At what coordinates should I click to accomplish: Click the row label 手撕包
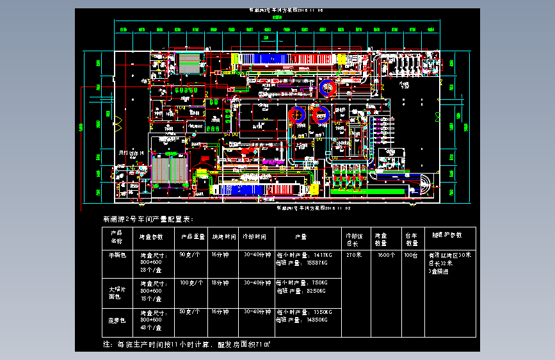coord(118,255)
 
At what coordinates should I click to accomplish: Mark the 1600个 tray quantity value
coord(385,255)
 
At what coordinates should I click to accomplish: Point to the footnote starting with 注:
coord(186,344)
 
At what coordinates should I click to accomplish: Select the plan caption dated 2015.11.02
coord(313,208)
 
